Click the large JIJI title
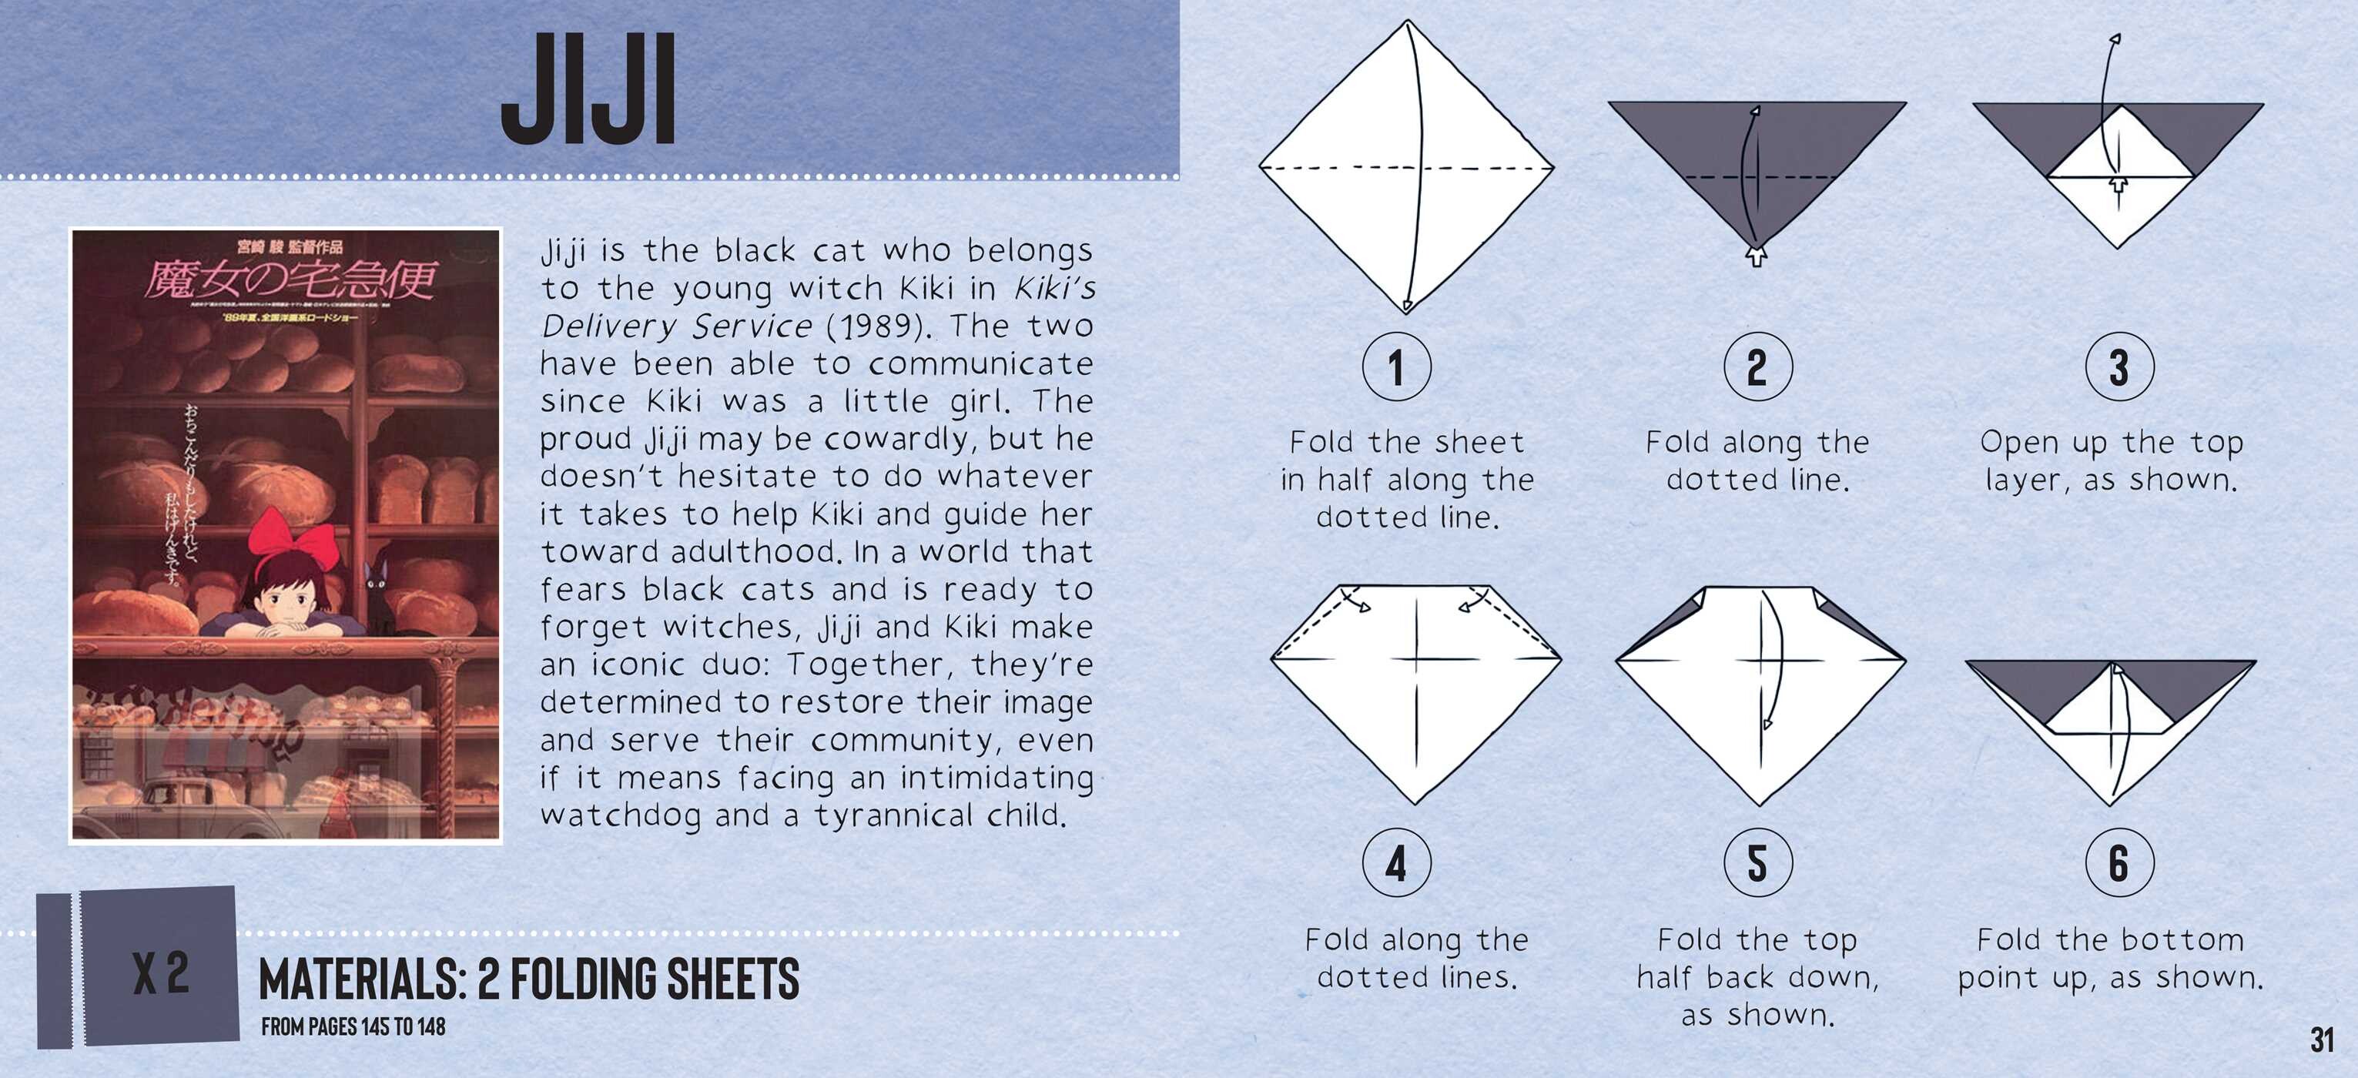(588, 89)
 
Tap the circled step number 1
(1396, 367)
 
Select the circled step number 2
(1757, 367)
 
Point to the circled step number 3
(2119, 367)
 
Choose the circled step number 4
(1396, 863)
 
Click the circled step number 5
(1757, 863)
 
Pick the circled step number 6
(2119, 863)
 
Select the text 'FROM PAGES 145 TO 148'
(353, 1026)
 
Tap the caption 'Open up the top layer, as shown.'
(2111, 460)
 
